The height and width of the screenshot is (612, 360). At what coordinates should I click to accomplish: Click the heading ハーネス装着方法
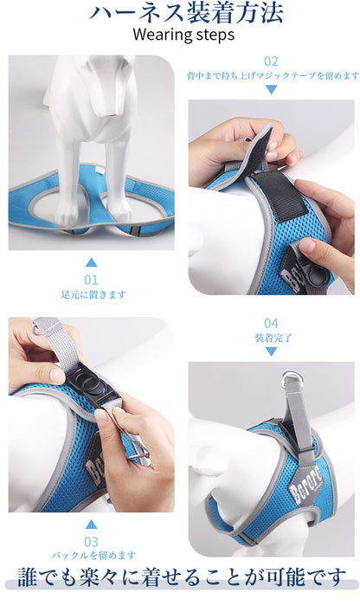186,13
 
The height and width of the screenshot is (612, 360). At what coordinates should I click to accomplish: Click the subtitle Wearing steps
183,35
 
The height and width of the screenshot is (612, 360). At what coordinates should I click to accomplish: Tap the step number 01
91,280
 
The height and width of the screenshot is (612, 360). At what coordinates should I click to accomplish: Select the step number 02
271,61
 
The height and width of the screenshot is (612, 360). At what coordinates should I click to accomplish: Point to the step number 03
91,542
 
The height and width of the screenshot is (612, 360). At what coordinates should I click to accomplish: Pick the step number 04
271,323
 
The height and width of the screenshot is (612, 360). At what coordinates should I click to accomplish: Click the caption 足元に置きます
93,294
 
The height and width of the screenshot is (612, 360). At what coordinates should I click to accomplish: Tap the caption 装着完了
273,338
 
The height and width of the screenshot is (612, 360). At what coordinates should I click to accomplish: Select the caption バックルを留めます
93,555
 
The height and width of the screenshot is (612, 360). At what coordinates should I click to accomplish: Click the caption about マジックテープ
273,75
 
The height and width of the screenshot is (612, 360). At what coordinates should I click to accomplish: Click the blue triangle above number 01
91,262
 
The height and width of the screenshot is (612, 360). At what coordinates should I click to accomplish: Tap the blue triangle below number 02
271,90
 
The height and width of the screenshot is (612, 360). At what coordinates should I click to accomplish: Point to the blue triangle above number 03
91,524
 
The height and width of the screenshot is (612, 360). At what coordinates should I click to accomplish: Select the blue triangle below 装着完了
271,351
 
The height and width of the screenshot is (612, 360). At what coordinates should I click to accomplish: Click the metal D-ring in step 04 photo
291,377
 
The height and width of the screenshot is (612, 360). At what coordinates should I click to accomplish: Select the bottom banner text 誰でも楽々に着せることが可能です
182,577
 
